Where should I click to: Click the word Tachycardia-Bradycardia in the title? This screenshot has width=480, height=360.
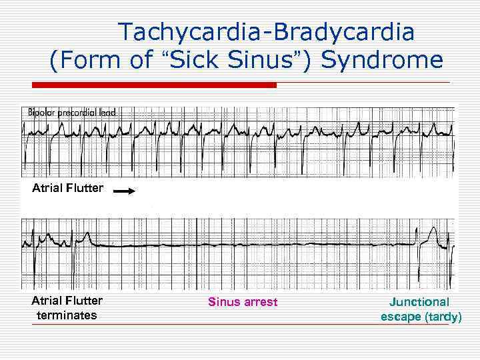tap(266, 31)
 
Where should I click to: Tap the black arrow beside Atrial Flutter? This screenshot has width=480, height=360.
tap(124, 190)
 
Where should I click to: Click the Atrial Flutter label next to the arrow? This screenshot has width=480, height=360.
tap(67, 188)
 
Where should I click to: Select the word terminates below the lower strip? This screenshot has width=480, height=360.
tap(66, 315)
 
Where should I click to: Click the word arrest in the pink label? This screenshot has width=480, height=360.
tap(261, 302)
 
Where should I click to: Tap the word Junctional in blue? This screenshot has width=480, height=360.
tap(419, 302)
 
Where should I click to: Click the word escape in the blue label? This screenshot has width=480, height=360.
tap(401, 317)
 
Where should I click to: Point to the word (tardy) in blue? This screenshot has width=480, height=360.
tap(443, 317)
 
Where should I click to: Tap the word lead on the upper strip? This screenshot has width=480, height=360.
tap(107, 113)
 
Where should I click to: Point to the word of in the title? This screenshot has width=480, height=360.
tap(141, 60)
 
